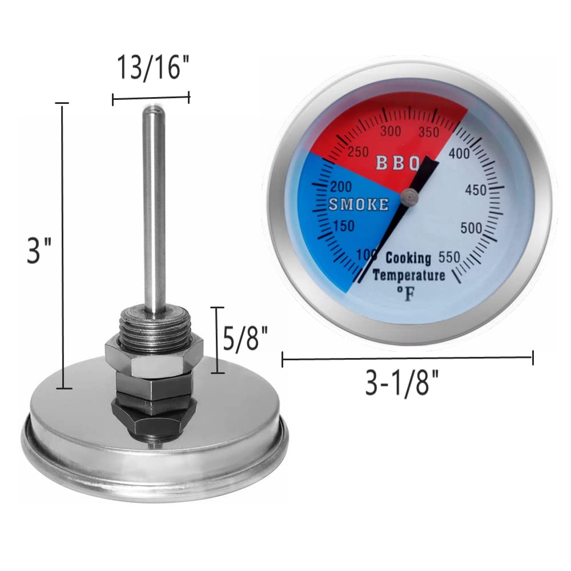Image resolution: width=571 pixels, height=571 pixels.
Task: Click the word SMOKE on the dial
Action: point(359,204)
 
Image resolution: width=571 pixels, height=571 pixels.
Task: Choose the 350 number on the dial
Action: point(428,132)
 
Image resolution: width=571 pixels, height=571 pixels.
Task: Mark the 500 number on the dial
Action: point(472,228)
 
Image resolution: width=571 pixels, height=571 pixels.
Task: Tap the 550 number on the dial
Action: point(450,256)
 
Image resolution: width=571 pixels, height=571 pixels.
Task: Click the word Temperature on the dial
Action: point(409,276)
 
